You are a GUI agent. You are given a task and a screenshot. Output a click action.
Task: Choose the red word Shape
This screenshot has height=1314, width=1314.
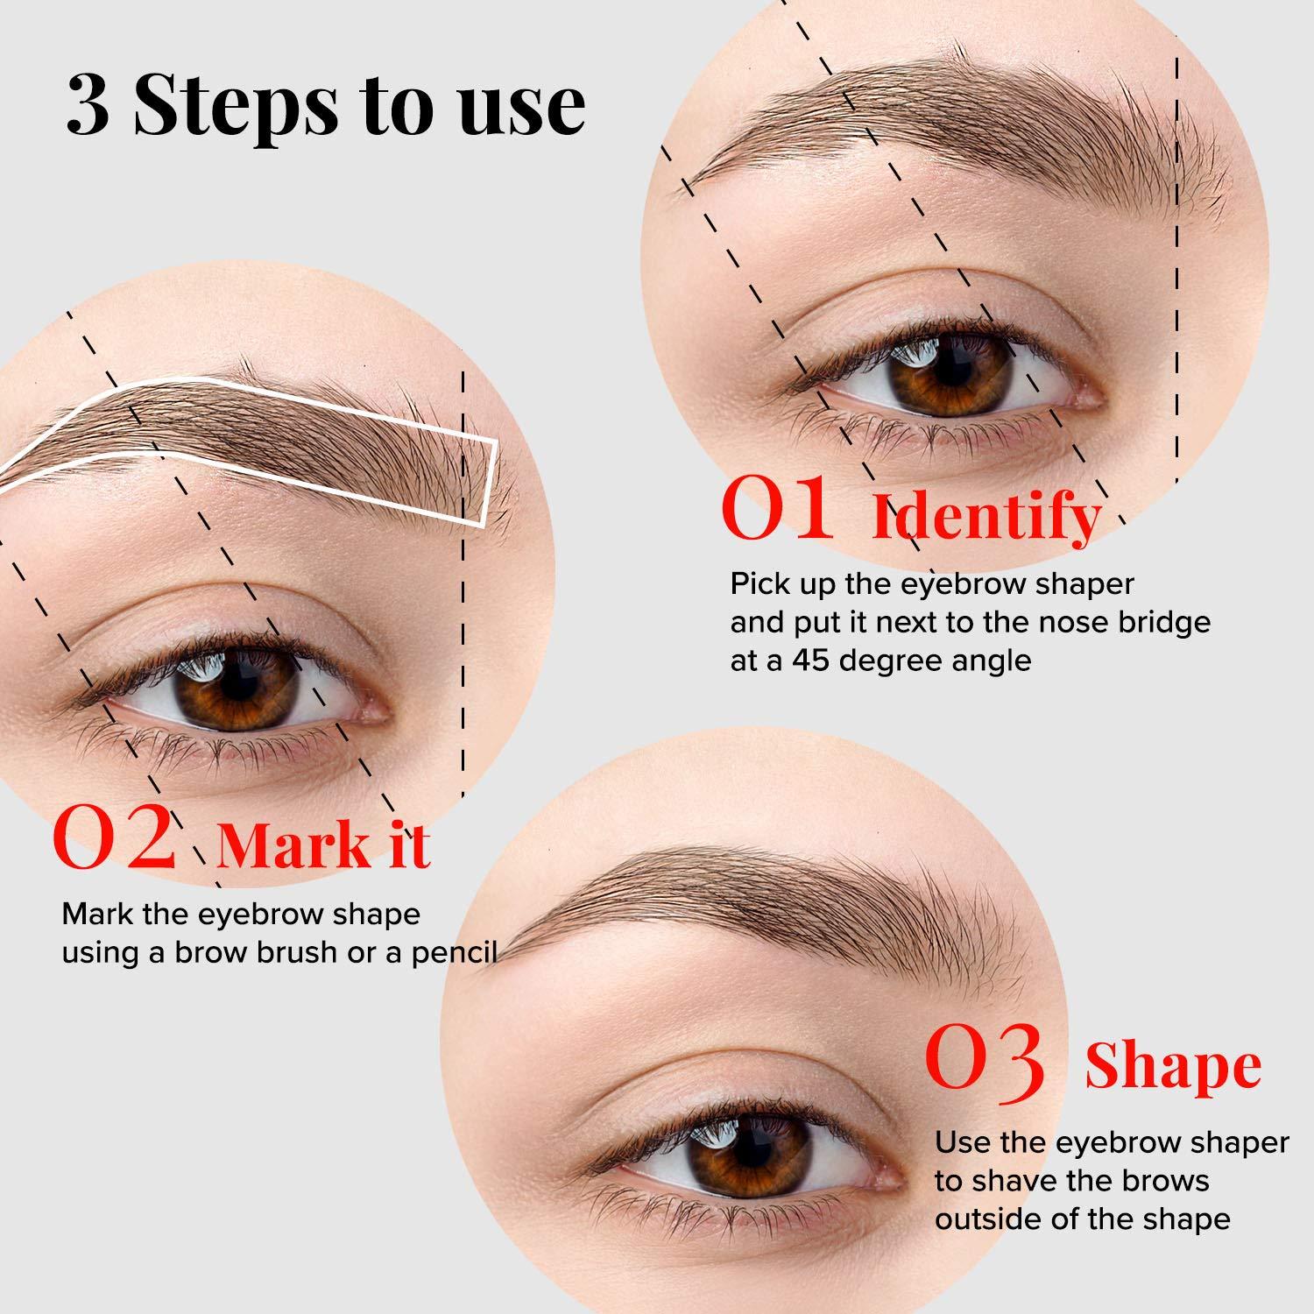pyautogui.click(x=1173, y=1067)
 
